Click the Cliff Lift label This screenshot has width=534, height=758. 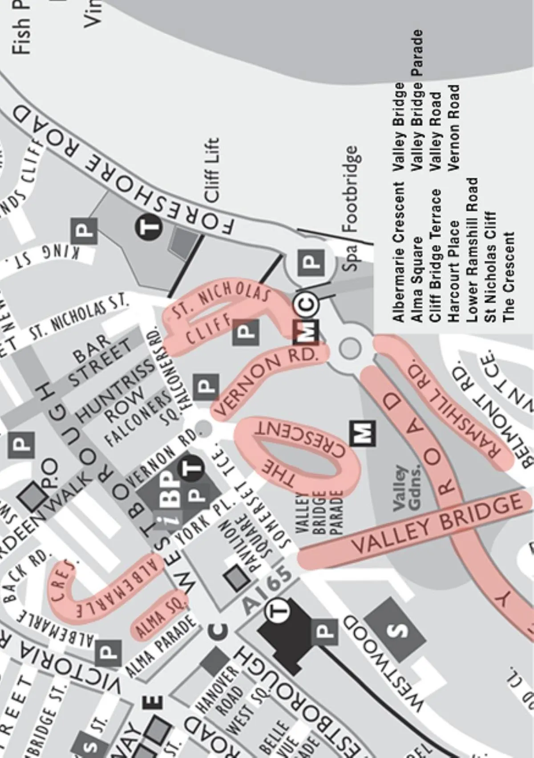[211, 170]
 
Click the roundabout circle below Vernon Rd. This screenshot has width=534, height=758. [349, 348]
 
